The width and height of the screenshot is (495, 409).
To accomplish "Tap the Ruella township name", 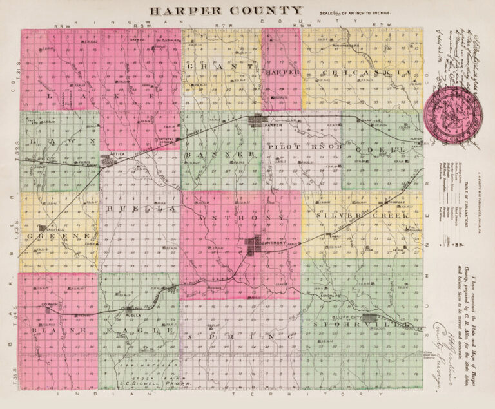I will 140,209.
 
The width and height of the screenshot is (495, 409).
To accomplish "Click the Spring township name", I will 235,336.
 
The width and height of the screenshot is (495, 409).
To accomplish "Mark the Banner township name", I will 220,155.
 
